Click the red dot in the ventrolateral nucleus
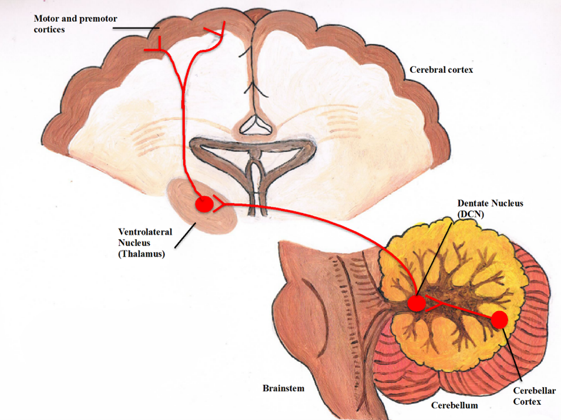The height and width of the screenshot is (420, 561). pyautogui.click(x=204, y=204)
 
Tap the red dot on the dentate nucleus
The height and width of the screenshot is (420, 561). pyautogui.click(x=416, y=303)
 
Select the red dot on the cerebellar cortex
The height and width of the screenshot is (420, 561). pyautogui.click(x=499, y=320)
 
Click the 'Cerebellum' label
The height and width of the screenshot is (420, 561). pyautogui.click(x=455, y=405)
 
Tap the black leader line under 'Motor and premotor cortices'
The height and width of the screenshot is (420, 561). pyautogui.click(x=136, y=28)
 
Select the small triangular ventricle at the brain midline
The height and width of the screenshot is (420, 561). pyautogui.click(x=254, y=124)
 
